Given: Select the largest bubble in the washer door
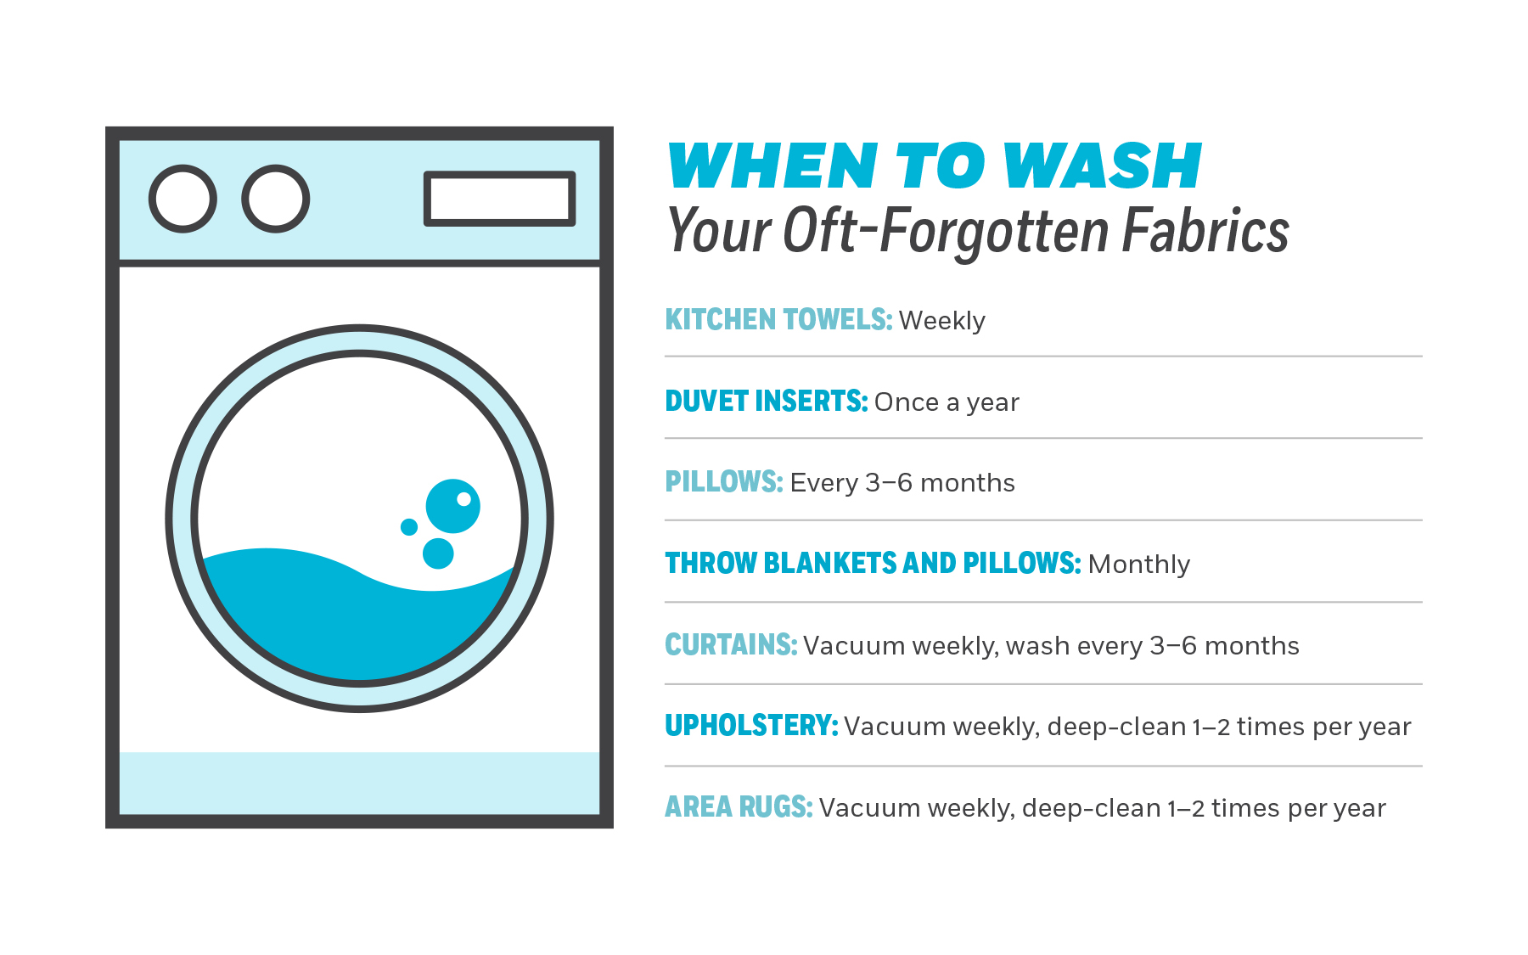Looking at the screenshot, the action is tap(453, 506).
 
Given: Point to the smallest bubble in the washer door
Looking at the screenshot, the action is tap(409, 527).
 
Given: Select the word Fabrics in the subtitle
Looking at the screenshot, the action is tap(1205, 231).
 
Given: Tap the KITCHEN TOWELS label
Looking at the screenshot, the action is tap(778, 319).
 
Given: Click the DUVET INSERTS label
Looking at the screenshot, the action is tap(767, 401).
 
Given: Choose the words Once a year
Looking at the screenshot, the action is tap(947, 402).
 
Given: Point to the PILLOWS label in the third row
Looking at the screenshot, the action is tap(724, 481).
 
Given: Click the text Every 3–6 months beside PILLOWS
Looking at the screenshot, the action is tap(902, 483).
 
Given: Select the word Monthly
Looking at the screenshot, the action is tap(1139, 565).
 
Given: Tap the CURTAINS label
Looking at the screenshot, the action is tap(731, 644).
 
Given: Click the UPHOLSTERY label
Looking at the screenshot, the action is tap(751, 725).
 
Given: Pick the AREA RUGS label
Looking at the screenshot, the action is tap(739, 806).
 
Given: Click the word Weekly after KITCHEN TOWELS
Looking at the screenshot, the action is tap(942, 321).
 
